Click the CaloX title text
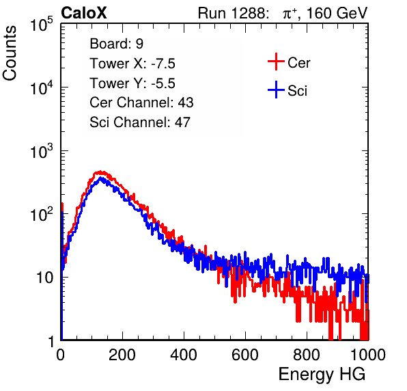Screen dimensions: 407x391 (84, 13)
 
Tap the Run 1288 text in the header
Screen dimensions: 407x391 (232, 13)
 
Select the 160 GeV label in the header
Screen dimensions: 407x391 (337, 13)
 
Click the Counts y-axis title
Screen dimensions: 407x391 (10, 53)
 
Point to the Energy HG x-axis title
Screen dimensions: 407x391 (322, 375)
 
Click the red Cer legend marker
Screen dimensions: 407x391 (276, 62)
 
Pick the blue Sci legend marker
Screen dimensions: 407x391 (276, 90)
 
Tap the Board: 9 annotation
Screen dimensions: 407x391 (116, 44)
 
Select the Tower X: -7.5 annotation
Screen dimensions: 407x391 (132, 64)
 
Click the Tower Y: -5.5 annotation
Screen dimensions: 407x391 (132, 83)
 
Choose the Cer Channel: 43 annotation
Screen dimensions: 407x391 (141, 103)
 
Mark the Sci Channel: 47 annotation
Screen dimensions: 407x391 (140, 122)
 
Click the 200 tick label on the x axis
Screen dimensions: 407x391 (122, 355)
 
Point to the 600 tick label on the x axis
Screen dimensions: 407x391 (245, 355)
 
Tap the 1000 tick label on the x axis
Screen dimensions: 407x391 (368, 355)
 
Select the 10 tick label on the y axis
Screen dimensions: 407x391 (45, 278)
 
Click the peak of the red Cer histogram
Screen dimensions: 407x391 (100, 172)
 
